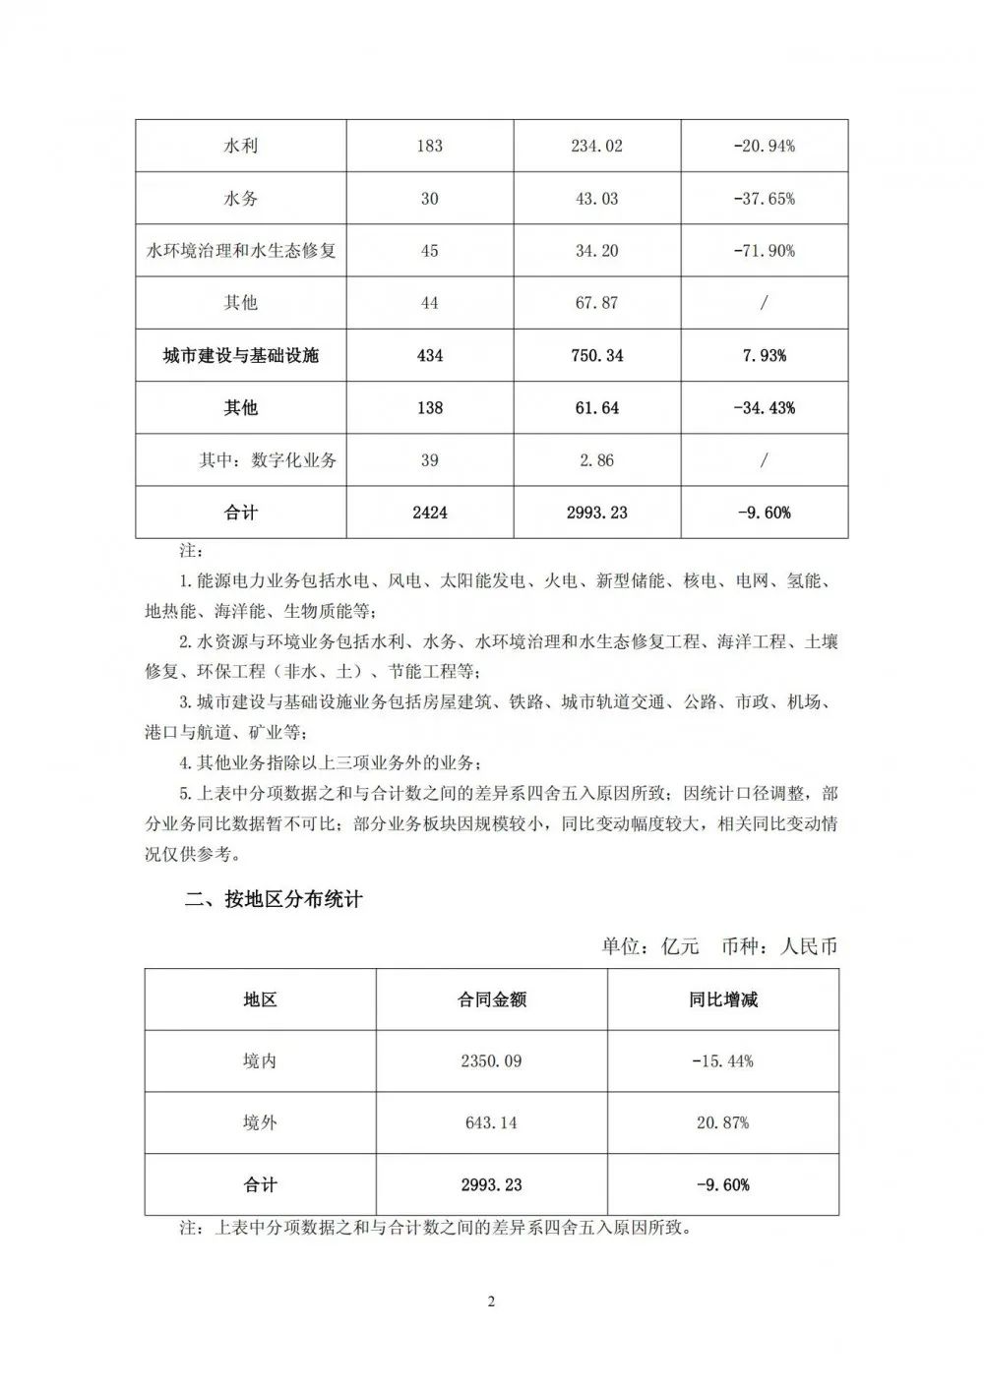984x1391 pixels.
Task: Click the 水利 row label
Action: pyautogui.click(x=241, y=146)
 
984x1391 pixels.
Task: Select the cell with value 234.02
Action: pyautogui.click(x=597, y=146)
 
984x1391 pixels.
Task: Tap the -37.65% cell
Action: pyautogui.click(x=764, y=198)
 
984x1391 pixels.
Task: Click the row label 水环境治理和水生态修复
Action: pyautogui.click(x=241, y=250)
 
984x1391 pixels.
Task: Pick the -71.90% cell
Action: pyautogui.click(x=764, y=250)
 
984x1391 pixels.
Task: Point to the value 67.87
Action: pyautogui.click(x=597, y=302)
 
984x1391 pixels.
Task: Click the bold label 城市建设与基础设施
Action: pyautogui.click(x=241, y=355)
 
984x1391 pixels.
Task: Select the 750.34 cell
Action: pyautogui.click(x=597, y=355)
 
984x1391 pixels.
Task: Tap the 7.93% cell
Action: pyautogui.click(x=764, y=355)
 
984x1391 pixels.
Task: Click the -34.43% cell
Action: pyautogui.click(x=764, y=407)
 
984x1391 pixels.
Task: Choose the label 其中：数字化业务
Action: pyautogui.click(x=268, y=459)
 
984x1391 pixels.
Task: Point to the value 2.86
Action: pyautogui.click(x=597, y=459)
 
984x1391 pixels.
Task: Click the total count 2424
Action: pyautogui.click(x=430, y=513)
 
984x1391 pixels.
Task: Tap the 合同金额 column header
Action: pyautogui.click(x=491, y=999)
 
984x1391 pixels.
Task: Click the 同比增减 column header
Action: pyautogui.click(x=723, y=999)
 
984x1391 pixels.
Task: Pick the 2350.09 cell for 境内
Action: pyautogui.click(x=491, y=1060)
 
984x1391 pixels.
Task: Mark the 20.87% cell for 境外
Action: pyautogui.click(x=723, y=1122)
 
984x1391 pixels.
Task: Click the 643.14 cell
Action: pyautogui.click(x=491, y=1122)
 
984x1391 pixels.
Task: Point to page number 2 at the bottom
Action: pyautogui.click(x=491, y=1302)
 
